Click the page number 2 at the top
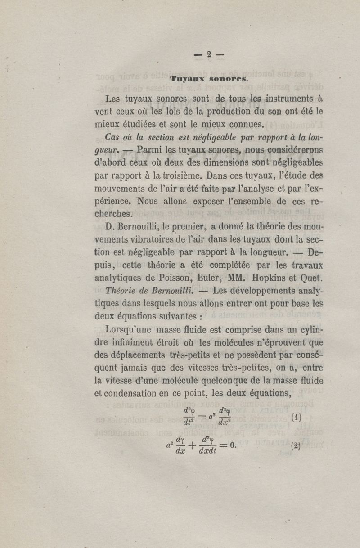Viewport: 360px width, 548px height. point(209,55)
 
